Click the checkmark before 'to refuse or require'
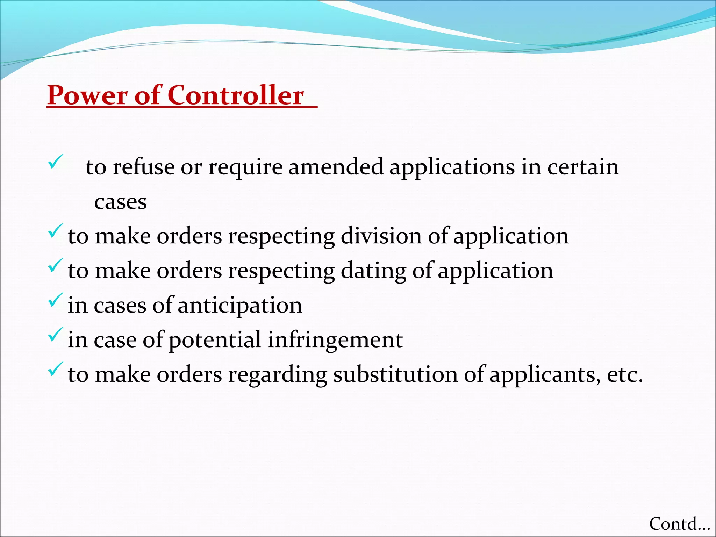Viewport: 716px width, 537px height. point(55,162)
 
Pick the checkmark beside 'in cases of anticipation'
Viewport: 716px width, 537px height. point(55,300)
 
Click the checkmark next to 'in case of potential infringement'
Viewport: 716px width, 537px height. point(55,334)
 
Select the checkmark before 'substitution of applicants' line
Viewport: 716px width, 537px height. point(55,369)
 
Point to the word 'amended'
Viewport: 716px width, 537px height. point(335,167)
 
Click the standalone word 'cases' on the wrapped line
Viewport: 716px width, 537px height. point(120,202)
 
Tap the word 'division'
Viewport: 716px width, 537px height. point(381,236)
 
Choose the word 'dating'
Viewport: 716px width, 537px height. point(373,271)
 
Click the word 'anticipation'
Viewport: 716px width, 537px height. point(240,305)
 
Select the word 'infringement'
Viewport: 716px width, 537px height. point(335,340)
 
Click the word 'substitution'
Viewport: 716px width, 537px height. point(395,375)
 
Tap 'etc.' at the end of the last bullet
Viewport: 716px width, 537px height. point(625,375)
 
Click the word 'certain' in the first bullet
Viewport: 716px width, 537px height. point(583,167)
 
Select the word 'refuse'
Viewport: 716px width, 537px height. point(143,167)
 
